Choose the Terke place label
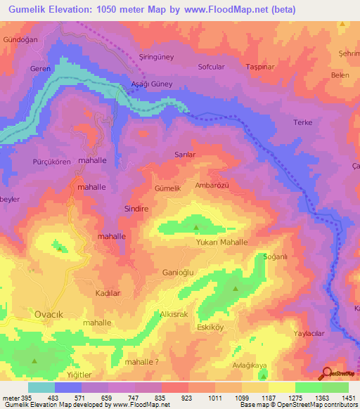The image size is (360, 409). coord(302,122)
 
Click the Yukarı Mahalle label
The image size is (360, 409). coord(221,242)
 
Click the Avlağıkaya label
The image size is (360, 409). coord(250,365)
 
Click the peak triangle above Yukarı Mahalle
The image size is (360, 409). coord(196,227)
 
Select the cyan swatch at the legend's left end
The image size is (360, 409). coord(41,387)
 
